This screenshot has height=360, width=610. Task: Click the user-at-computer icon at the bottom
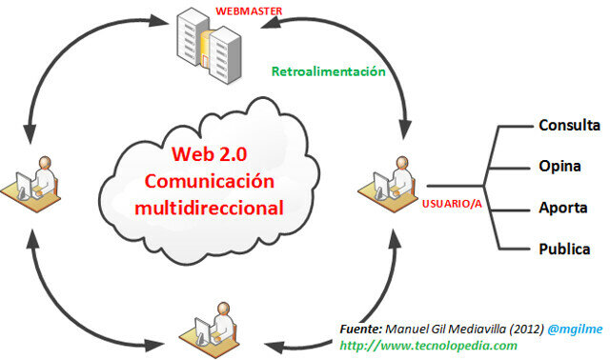click(209, 330)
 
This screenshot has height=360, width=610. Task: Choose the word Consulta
click(569, 126)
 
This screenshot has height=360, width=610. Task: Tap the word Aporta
click(561, 209)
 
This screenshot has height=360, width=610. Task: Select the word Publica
click(563, 250)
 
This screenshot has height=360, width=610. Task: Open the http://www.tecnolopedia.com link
click(428, 345)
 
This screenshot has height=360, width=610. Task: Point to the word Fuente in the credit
click(360, 329)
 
